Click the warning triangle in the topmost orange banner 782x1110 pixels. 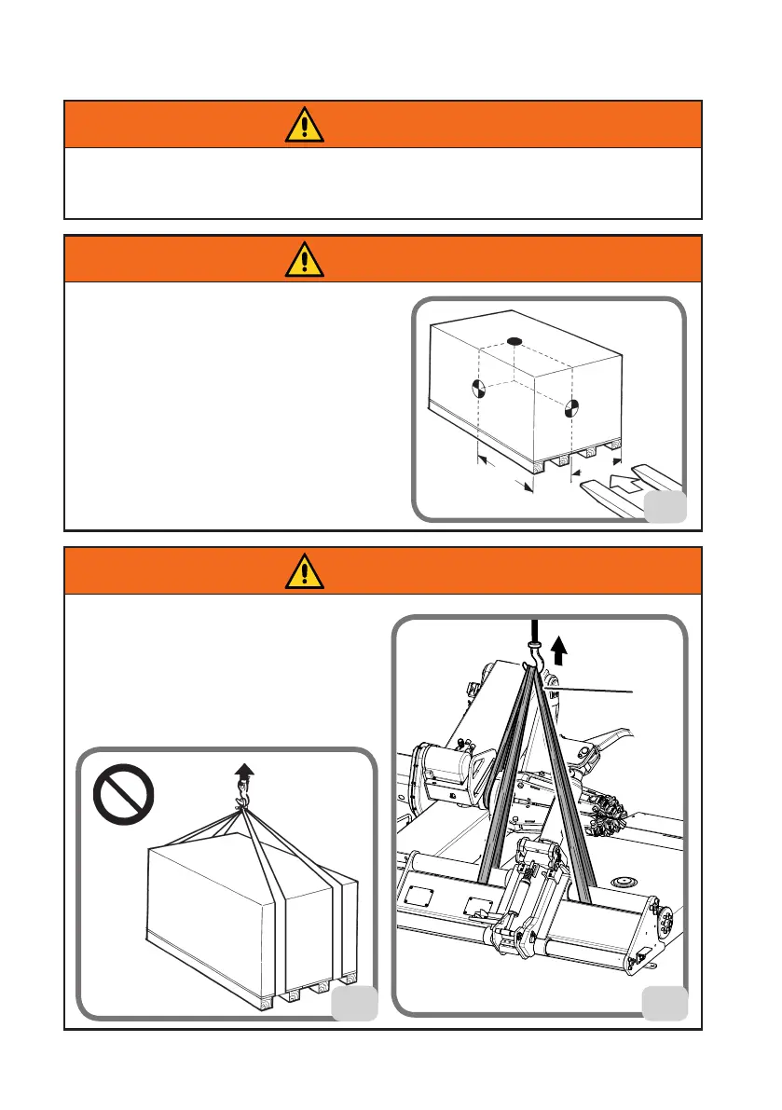305,124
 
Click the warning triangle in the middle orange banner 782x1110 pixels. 305,259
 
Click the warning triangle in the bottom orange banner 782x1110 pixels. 305,571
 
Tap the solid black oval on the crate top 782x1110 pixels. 514,341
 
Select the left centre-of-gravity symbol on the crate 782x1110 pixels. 477,389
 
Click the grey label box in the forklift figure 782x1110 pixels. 665,506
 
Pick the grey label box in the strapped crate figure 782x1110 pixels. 356,1003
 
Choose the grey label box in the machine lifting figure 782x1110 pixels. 665,1003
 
